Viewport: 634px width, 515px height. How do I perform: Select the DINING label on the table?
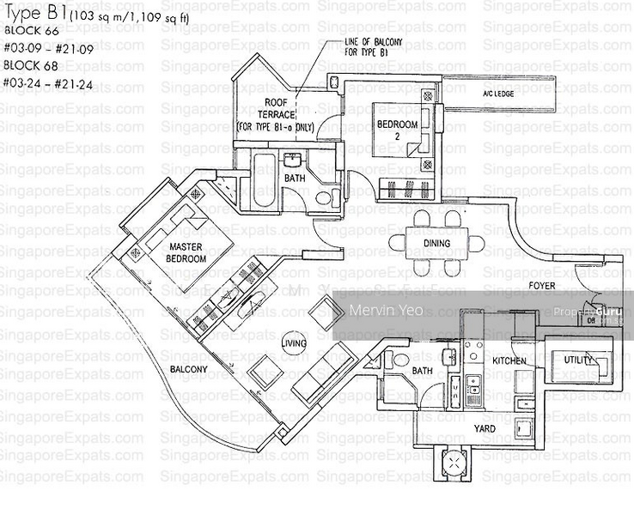436,243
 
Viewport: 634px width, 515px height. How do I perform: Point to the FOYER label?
541,286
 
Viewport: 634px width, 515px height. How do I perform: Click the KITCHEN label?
509,361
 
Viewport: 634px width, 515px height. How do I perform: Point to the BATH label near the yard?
422,371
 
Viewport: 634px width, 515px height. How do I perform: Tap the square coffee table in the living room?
325,313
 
